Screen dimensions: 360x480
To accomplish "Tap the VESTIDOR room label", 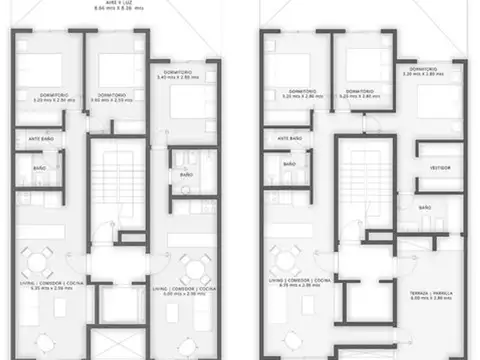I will (439, 168).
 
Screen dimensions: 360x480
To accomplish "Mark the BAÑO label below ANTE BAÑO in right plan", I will (288, 163).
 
